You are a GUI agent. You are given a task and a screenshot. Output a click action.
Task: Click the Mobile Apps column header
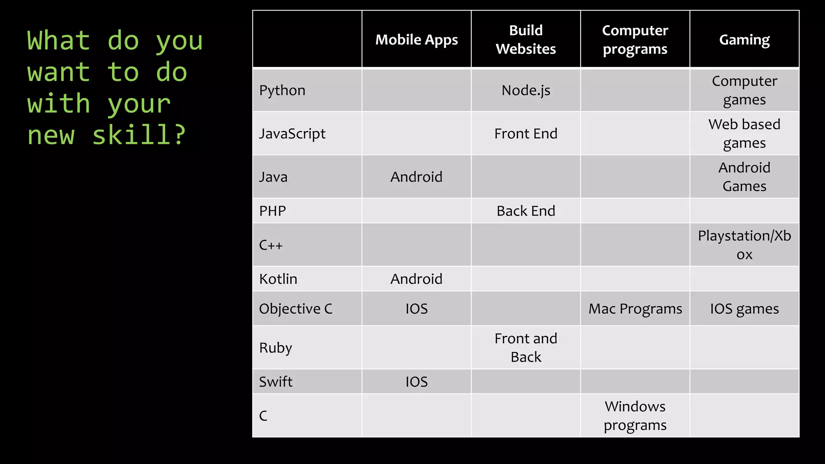[x=417, y=40]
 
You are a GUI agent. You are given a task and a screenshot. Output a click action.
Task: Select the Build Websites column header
[x=526, y=39]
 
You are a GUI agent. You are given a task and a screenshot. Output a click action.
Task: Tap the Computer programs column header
[x=635, y=39]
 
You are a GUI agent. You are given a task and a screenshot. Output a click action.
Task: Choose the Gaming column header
[x=744, y=40]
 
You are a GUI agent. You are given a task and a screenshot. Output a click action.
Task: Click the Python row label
[x=282, y=91]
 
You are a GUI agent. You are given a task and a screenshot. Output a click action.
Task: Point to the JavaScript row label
[x=292, y=134]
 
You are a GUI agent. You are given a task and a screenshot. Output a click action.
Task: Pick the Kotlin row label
[x=278, y=279]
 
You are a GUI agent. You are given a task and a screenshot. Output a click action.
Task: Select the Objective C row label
[x=296, y=309]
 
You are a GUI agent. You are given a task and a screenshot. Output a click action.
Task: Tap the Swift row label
[x=276, y=381]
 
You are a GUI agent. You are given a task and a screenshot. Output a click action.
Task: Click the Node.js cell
[x=526, y=91]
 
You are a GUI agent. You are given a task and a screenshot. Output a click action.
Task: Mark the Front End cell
[x=526, y=134]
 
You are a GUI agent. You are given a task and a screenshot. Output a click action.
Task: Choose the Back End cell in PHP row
[x=526, y=211]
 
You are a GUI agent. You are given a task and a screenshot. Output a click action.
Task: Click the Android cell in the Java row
[x=417, y=177]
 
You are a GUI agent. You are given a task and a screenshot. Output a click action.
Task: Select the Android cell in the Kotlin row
[x=417, y=279]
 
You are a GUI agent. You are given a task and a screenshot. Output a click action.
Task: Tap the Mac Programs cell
[x=635, y=309]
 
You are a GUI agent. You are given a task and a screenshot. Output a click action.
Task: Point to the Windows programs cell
[x=635, y=416]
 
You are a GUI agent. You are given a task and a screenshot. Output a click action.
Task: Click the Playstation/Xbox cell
[x=744, y=245]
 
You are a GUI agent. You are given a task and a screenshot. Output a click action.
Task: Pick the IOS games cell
[x=744, y=309]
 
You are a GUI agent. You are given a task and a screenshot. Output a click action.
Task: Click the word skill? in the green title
[x=139, y=135]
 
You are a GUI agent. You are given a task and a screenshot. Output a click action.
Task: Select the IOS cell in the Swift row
[x=417, y=381]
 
